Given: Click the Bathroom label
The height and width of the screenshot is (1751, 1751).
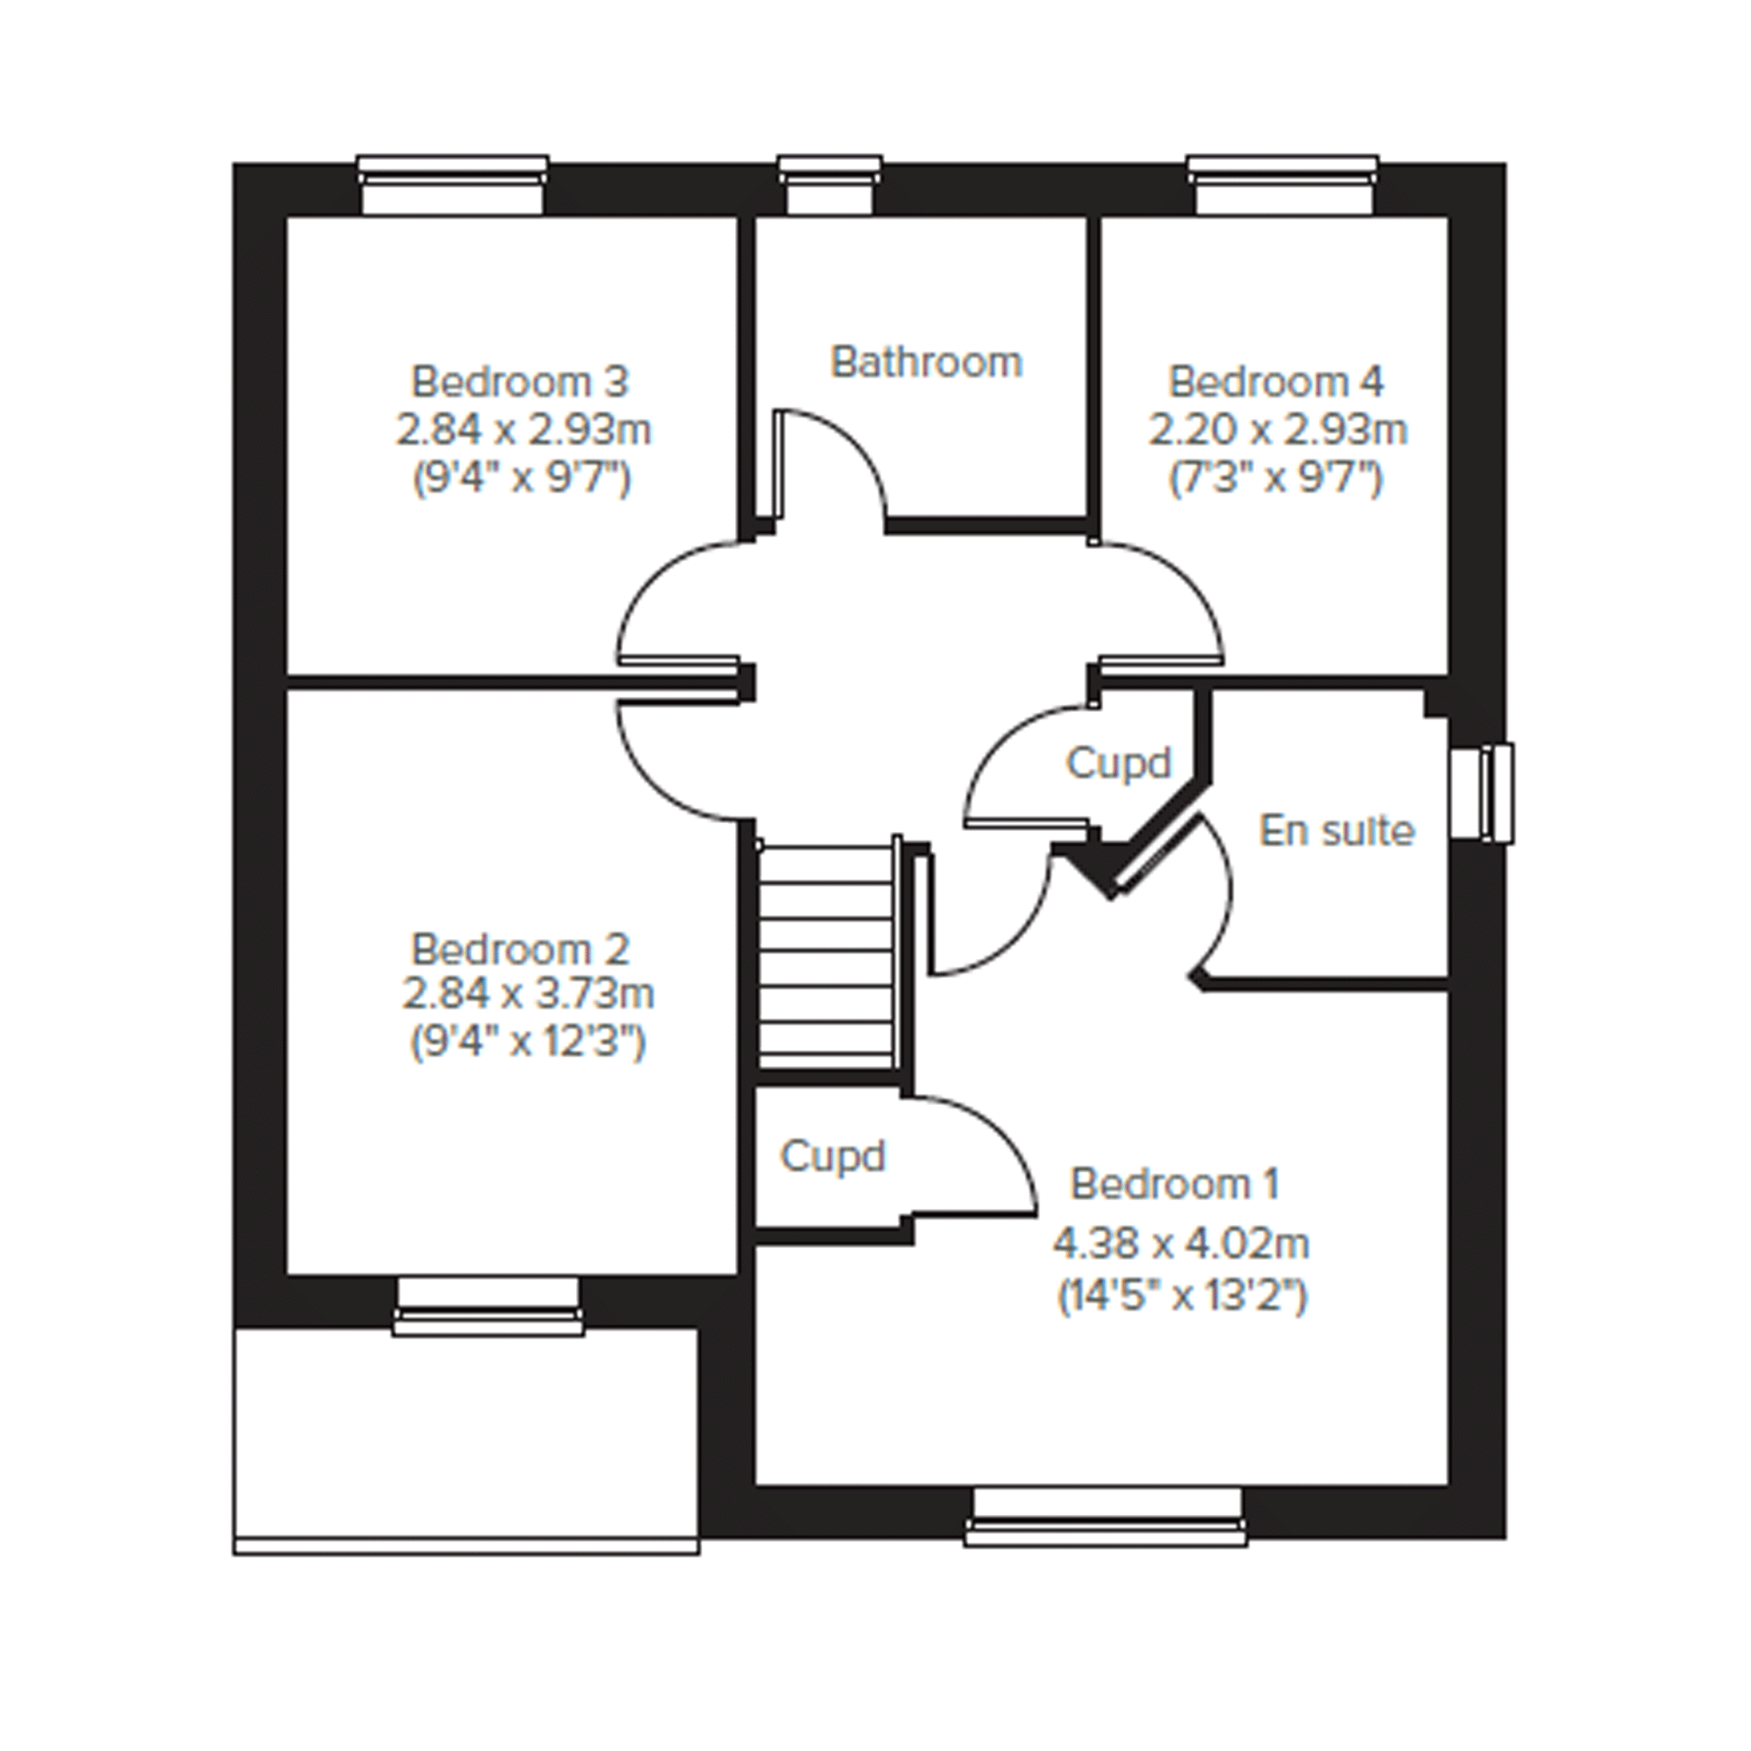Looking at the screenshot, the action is [x=926, y=361].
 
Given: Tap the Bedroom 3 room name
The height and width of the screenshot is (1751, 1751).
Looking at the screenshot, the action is [x=520, y=381].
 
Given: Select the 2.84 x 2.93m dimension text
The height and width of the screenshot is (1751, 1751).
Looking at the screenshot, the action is [x=524, y=429].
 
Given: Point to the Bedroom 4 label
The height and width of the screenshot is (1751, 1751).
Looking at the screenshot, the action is [x=1276, y=381].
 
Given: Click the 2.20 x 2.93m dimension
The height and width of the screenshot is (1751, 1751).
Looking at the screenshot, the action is [x=1278, y=429].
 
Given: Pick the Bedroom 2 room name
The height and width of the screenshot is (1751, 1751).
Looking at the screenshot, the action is [x=521, y=949].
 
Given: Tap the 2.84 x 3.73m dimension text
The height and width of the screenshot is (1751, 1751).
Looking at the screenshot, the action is [x=527, y=994].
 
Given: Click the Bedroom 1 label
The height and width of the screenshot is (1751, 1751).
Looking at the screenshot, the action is [x=1174, y=1183].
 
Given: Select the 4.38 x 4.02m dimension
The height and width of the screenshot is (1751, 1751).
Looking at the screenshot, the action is [x=1181, y=1243].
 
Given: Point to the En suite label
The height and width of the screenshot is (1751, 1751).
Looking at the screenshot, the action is [x=1337, y=830].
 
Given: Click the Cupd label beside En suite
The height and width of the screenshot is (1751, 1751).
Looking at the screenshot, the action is [x=1118, y=764].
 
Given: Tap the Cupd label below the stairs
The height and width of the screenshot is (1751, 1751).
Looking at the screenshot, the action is [x=833, y=1155].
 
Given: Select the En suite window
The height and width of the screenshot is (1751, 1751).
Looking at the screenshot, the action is [x=1482, y=793].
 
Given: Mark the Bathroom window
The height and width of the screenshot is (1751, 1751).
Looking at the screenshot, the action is [x=829, y=185].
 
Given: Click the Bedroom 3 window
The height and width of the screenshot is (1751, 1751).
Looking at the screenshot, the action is [x=452, y=185].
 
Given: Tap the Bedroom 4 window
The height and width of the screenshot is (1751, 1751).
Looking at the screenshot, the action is [x=1283, y=185].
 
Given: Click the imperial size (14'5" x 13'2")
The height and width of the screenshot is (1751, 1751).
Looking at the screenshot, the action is [x=1183, y=1296].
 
